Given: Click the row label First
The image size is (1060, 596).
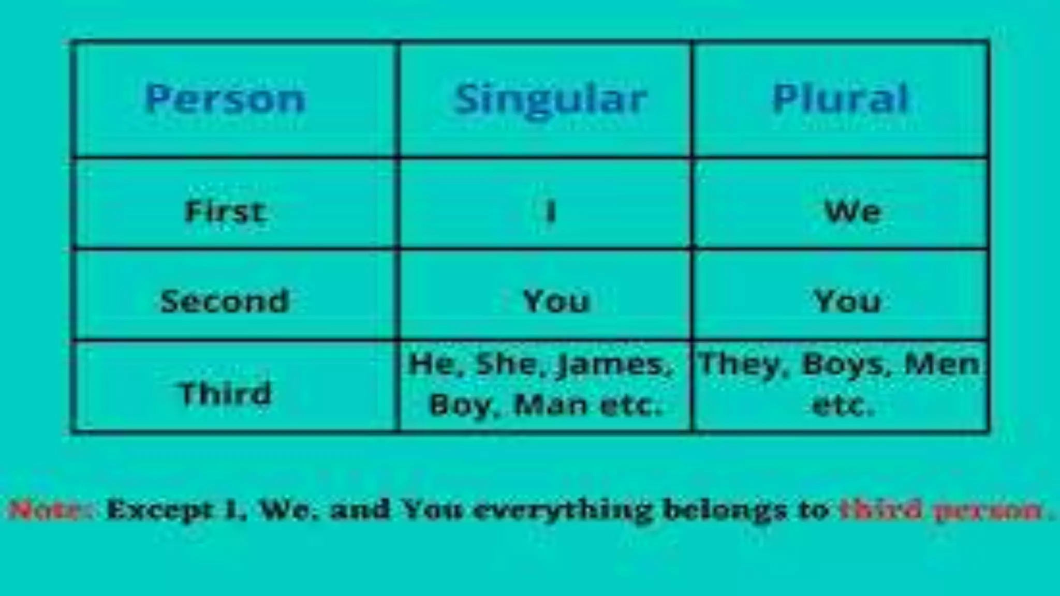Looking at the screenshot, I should pos(225,212).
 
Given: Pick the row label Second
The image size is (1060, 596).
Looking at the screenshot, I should pos(225,301).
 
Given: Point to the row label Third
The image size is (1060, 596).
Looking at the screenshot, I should pos(225,393).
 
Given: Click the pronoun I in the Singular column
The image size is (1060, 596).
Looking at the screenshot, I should pos(551,212).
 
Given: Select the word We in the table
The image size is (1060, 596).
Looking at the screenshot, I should pos(852,212).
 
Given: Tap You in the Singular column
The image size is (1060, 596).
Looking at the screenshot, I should pos(556,301).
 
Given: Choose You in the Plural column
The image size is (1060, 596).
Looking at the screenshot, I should pos(847,301).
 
